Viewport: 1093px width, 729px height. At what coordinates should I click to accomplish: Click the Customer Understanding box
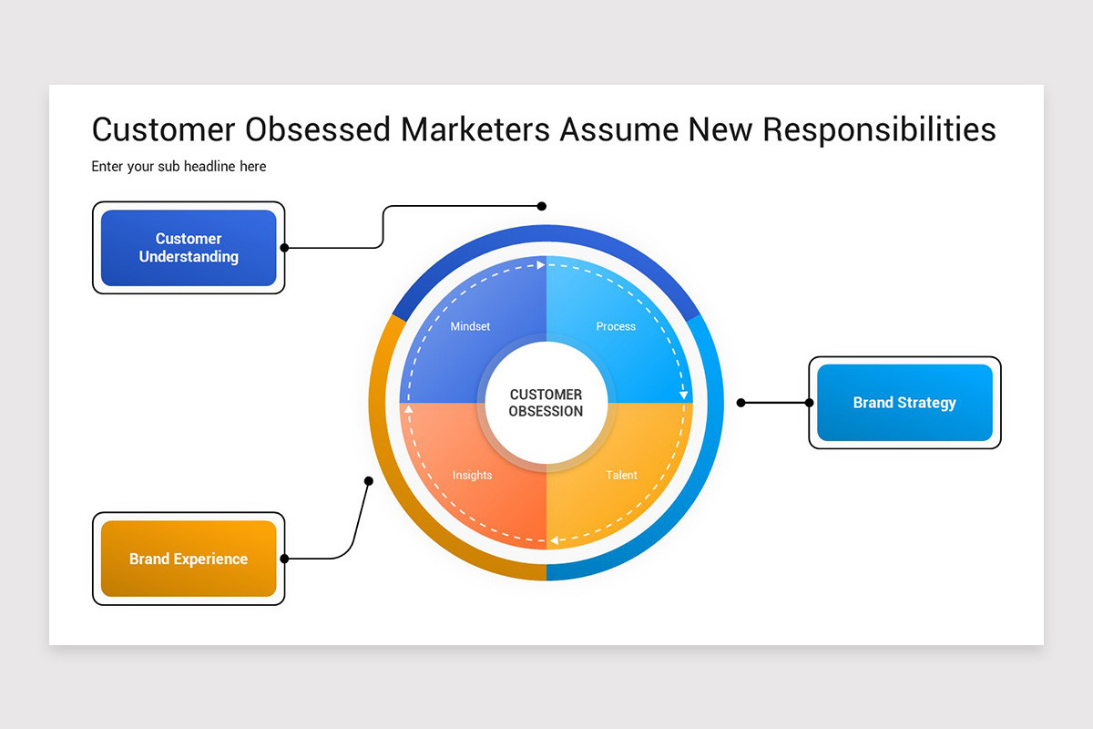(189, 248)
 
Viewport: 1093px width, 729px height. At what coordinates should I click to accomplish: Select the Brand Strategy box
(904, 403)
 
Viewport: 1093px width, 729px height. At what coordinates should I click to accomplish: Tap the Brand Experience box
(189, 559)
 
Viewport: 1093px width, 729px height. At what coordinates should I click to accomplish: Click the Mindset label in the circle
(470, 326)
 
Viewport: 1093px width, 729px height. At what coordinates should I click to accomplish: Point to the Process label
(616, 326)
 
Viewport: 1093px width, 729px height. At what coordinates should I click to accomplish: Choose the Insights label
(472, 475)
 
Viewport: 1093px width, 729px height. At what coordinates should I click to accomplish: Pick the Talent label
(622, 475)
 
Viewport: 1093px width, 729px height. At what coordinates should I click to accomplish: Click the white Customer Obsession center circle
(546, 403)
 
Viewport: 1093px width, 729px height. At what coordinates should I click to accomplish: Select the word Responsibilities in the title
(879, 129)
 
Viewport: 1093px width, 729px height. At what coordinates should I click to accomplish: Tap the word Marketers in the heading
(475, 129)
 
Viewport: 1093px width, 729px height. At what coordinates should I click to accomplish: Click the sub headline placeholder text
(179, 167)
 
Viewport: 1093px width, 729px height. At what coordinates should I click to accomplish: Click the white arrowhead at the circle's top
(541, 265)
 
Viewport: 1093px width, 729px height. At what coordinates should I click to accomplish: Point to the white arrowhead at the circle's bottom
(553, 540)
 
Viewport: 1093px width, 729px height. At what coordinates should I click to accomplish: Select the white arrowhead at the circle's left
(408, 409)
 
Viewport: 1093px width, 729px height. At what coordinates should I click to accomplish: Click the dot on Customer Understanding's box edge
(284, 247)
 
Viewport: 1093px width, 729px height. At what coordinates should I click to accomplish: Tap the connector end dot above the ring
(542, 206)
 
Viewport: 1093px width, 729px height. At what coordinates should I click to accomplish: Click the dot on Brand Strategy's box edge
(809, 403)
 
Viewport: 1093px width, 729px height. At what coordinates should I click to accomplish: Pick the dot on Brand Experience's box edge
(284, 559)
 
